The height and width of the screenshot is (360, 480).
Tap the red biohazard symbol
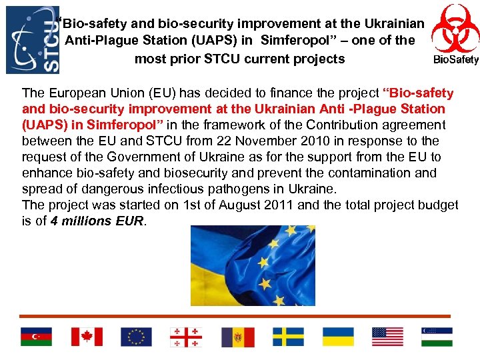pos(455,28)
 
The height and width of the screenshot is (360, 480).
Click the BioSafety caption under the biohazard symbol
pos(456,60)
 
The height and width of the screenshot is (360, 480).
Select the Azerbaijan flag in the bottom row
pos(36,337)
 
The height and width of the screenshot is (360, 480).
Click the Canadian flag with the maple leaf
pos(87,337)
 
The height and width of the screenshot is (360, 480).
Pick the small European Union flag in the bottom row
pos(136,337)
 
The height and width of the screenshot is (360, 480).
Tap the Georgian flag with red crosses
pos(186,337)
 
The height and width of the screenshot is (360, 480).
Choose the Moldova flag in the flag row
pos(237,337)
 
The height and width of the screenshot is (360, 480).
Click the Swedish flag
pos(288,337)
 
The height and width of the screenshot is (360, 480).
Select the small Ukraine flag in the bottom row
pos(338,337)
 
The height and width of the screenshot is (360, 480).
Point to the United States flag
pos(387,337)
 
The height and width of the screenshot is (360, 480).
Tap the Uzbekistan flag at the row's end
pos(437,337)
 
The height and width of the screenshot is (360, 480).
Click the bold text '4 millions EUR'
pos(97,221)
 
